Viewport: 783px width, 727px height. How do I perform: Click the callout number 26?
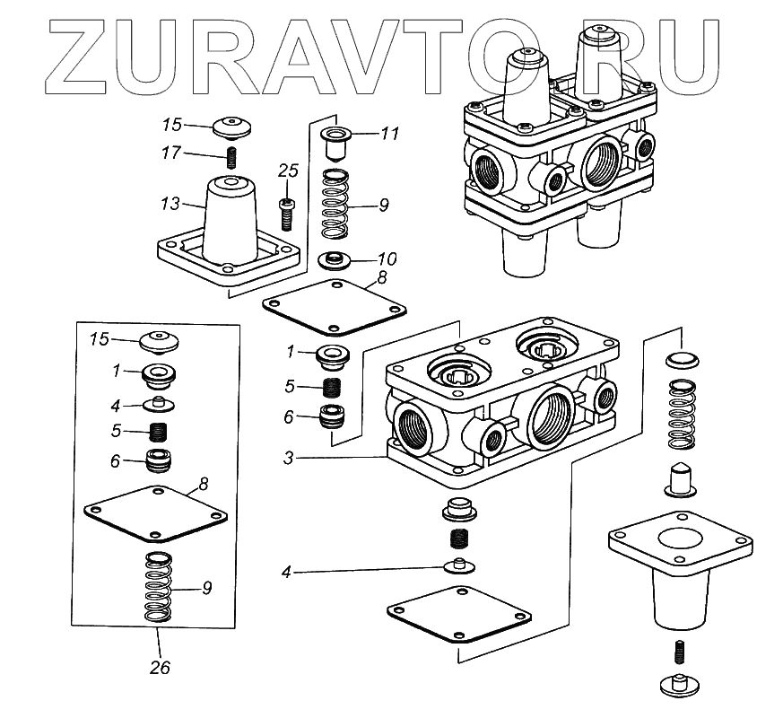coord(158,668)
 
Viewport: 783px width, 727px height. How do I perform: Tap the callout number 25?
coord(287,171)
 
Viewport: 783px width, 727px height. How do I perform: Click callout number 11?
coord(389,134)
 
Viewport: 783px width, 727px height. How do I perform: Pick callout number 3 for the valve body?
coord(288,458)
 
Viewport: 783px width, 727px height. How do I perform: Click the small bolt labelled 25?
coord(287,214)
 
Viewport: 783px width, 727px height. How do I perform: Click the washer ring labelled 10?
coord(336,262)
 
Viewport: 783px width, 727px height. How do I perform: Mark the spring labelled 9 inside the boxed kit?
coord(158,590)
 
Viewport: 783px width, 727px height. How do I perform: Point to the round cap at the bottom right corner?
coord(679,683)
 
